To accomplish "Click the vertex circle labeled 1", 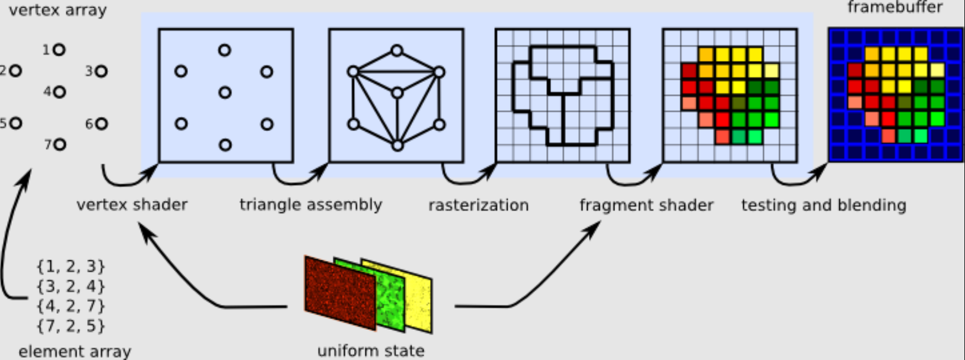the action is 59,50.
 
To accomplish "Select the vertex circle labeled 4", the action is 59,92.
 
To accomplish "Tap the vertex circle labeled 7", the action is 60,145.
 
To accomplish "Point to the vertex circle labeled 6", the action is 101,124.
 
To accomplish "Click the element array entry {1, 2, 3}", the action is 71,266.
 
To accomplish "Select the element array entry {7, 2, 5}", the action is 71,326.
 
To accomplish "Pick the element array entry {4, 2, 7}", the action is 71,306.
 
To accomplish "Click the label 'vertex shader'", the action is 132,205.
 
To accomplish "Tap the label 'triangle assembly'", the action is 311,205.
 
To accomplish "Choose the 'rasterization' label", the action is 479,205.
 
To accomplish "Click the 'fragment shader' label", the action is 646,205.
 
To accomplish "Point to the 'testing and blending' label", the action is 824,205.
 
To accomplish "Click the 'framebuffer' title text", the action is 895,7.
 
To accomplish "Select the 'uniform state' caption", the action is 371,351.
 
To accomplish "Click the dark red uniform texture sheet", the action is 340,293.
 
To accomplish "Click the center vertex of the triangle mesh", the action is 397,93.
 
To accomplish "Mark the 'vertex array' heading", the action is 58,10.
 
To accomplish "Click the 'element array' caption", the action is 75,352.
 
